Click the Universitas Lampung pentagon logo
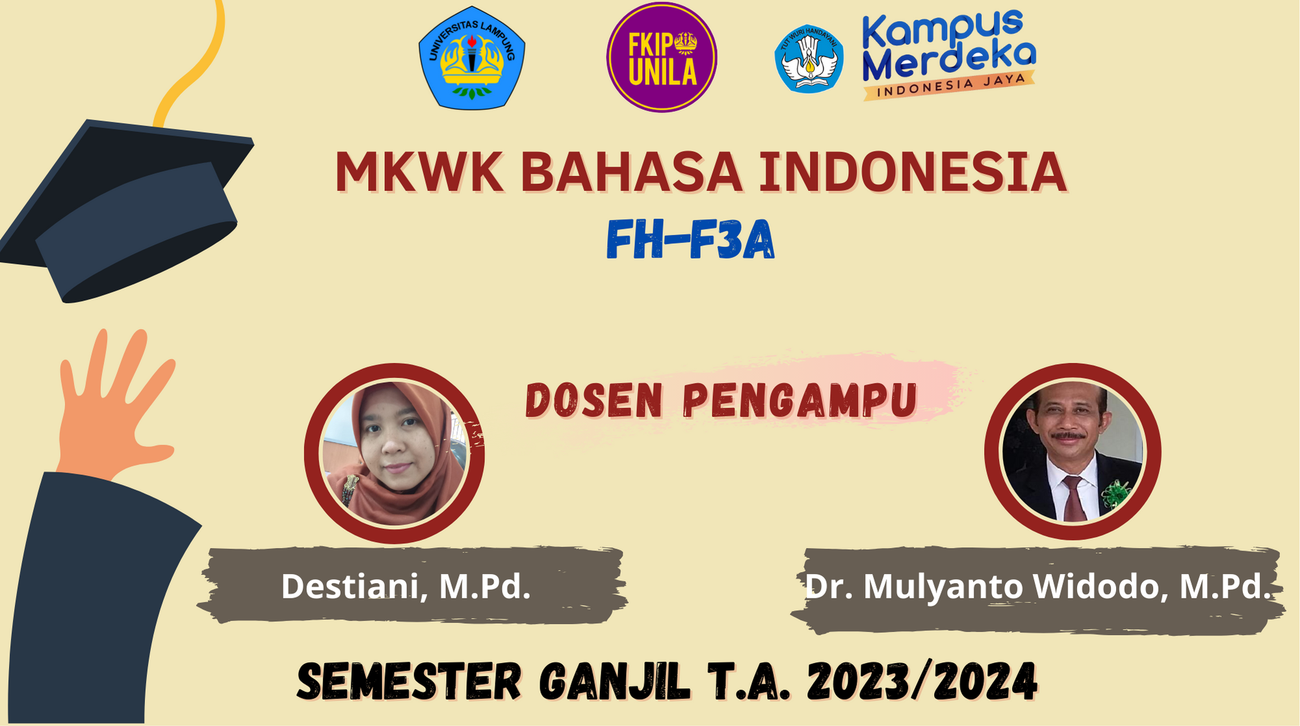pos(472,58)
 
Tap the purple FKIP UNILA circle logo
pos(662,57)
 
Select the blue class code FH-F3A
pos(690,240)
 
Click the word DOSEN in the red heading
pos(593,400)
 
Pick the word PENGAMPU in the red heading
pos(800,400)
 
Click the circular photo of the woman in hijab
pos(394,453)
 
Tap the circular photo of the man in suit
pos(1072,452)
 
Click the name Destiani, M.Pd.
pos(406,586)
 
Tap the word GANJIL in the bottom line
pos(614,682)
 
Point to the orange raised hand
pos(110,409)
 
